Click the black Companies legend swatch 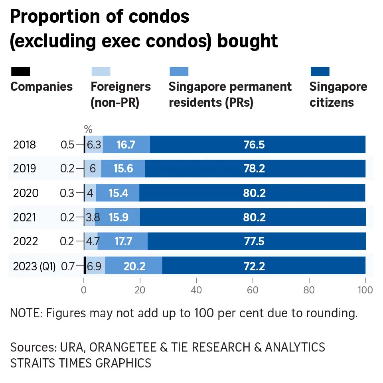(x=20, y=72)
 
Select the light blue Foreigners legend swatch (x=101, y=72)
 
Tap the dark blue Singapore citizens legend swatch (x=320, y=72)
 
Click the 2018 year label (x=24, y=145)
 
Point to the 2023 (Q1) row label (x=34, y=266)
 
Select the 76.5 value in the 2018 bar (x=254, y=145)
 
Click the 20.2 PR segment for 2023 (x=134, y=266)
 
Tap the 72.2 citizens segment (x=254, y=266)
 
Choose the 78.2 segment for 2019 (x=254, y=169)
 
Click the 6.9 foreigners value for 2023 (x=95, y=266)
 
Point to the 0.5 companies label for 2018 (x=67, y=145)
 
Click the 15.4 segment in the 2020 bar (x=118, y=193)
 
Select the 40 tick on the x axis (x=196, y=290)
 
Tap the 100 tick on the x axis (x=365, y=290)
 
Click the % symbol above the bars (x=88, y=129)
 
